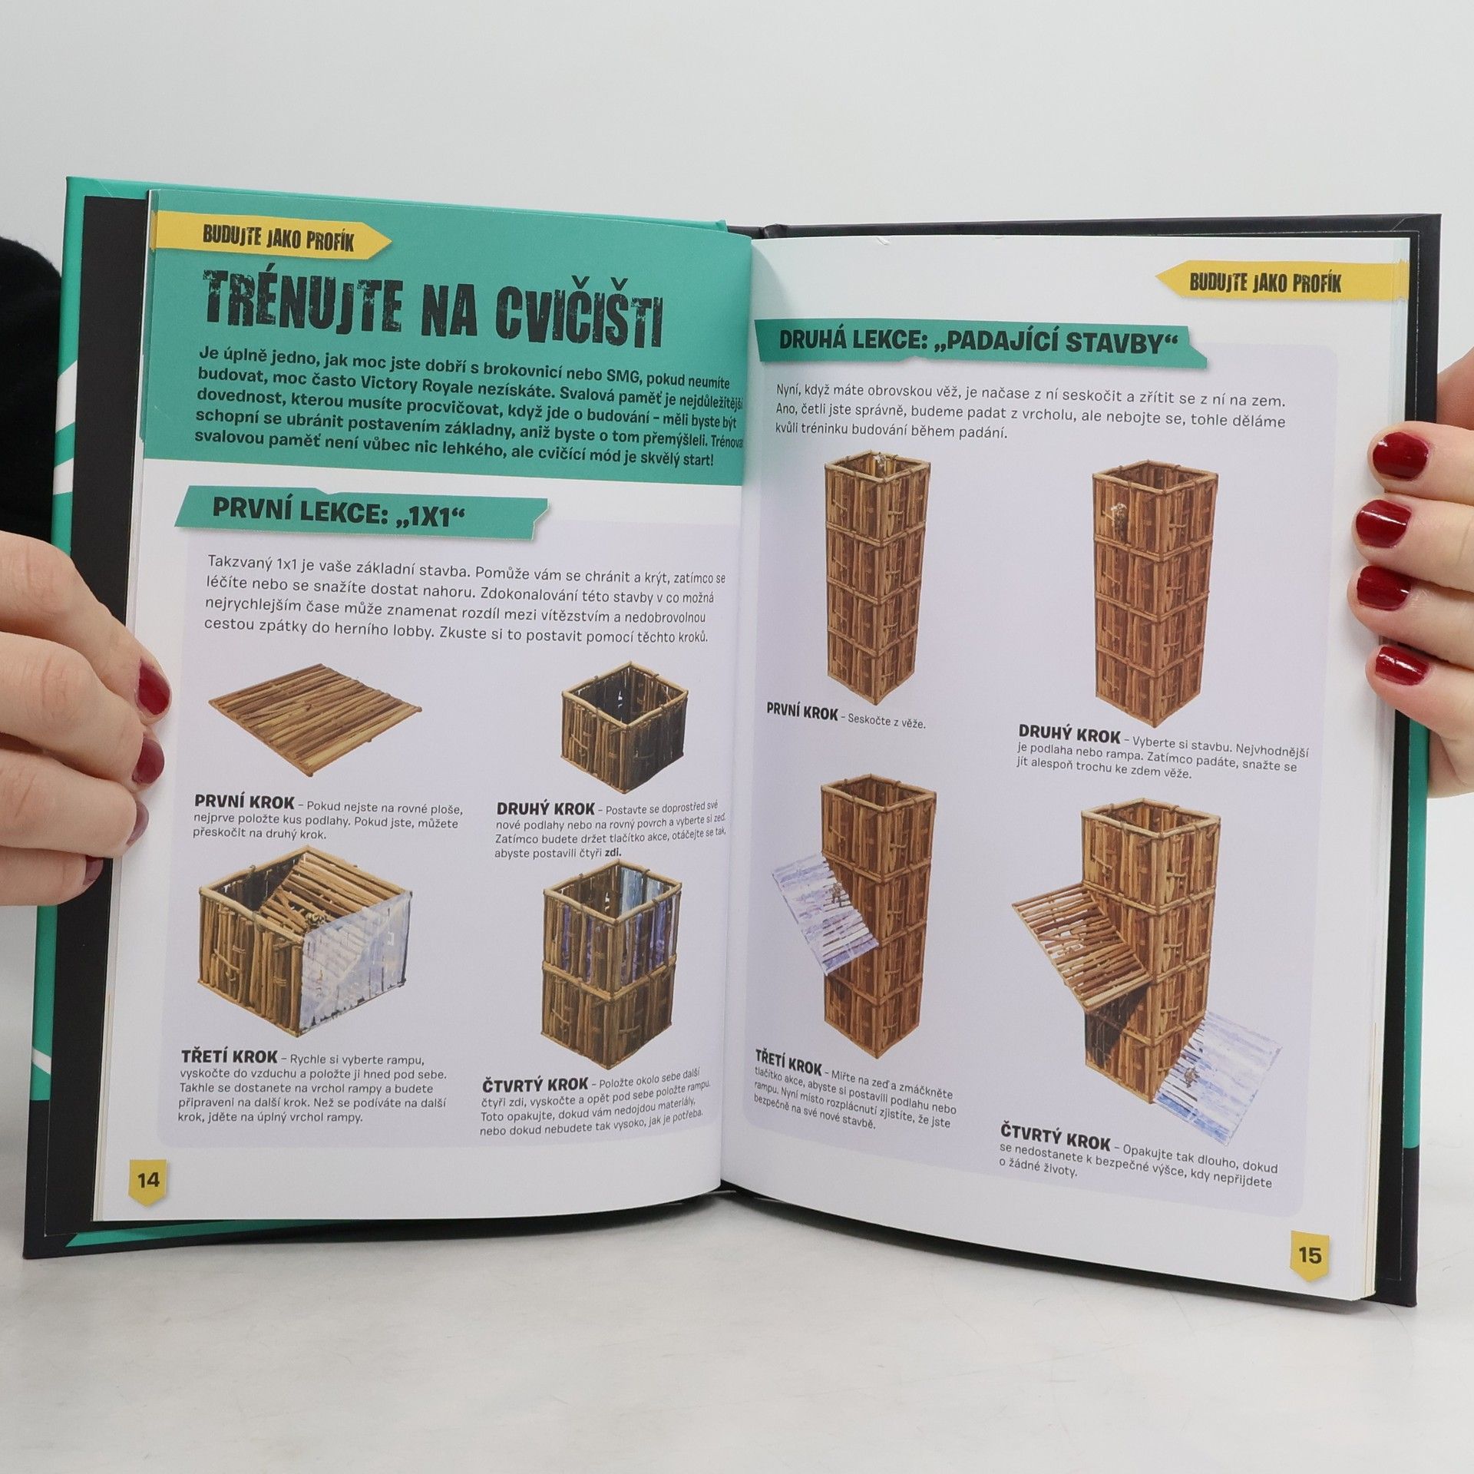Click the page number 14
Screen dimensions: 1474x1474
point(148,1179)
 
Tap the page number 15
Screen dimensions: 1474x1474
point(1309,1254)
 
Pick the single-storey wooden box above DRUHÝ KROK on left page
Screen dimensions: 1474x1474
point(625,726)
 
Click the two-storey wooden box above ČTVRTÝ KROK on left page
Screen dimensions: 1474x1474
point(612,963)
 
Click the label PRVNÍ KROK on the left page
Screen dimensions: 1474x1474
point(244,802)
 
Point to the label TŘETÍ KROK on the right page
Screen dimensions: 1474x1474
point(788,1065)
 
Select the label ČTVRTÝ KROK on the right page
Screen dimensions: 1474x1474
point(1056,1136)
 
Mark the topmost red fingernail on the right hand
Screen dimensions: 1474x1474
point(1400,455)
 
